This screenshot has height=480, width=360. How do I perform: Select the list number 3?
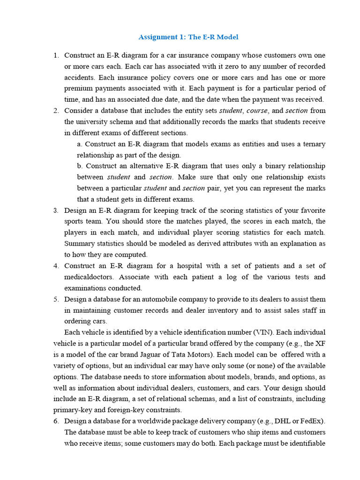click(x=55, y=210)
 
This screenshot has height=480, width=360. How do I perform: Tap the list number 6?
click(x=55, y=420)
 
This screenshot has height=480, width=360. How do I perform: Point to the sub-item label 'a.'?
click(x=80, y=144)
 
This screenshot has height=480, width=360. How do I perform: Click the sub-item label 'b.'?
click(x=80, y=166)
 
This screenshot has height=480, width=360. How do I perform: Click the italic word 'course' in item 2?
click(x=257, y=111)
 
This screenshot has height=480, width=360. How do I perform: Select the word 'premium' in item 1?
click(x=78, y=89)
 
